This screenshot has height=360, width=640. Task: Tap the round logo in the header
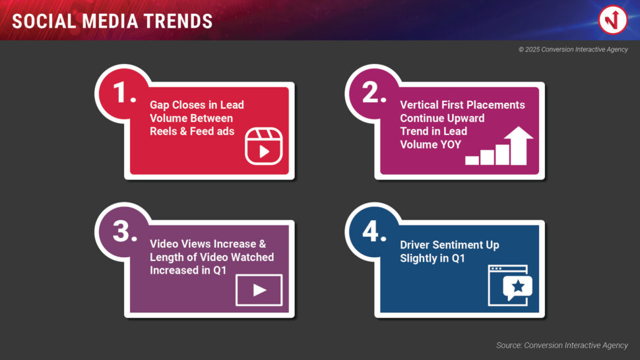(x=613, y=20)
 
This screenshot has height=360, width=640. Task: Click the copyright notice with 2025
(x=573, y=49)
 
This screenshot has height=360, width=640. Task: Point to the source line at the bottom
(x=562, y=345)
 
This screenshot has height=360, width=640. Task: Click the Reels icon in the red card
(x=264, y=146)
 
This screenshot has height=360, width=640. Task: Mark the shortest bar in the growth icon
(x=472, y=160)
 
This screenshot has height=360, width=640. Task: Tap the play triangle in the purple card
(x=259, y=290)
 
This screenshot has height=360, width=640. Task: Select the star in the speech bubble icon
(x=518, y=286)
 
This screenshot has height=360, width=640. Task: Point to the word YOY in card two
(x=451, y=145)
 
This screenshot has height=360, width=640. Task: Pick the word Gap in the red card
(x=159, y=105)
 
